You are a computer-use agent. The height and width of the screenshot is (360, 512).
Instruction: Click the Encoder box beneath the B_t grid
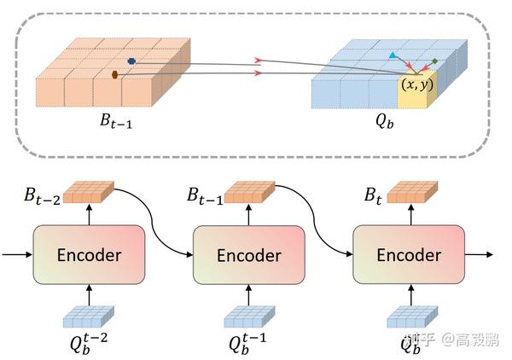click(409, 255)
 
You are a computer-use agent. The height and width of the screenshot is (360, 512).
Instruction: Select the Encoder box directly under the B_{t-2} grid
click(88, 255)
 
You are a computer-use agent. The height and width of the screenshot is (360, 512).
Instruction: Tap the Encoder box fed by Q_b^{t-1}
click(248, 255)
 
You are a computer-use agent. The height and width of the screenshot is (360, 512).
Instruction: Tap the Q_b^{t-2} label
click(86, 345)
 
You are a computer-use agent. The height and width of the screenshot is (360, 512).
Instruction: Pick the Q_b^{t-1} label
click(247, 345)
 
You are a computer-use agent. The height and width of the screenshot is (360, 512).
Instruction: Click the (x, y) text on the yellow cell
click(417, 84)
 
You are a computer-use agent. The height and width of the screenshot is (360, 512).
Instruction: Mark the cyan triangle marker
click(393, 55)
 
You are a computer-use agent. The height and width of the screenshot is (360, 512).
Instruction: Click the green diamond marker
click(435, 61)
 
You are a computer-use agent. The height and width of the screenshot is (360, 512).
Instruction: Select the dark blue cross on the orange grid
click(131, 61)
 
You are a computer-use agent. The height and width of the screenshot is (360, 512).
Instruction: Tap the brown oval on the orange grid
click(115, 75)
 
